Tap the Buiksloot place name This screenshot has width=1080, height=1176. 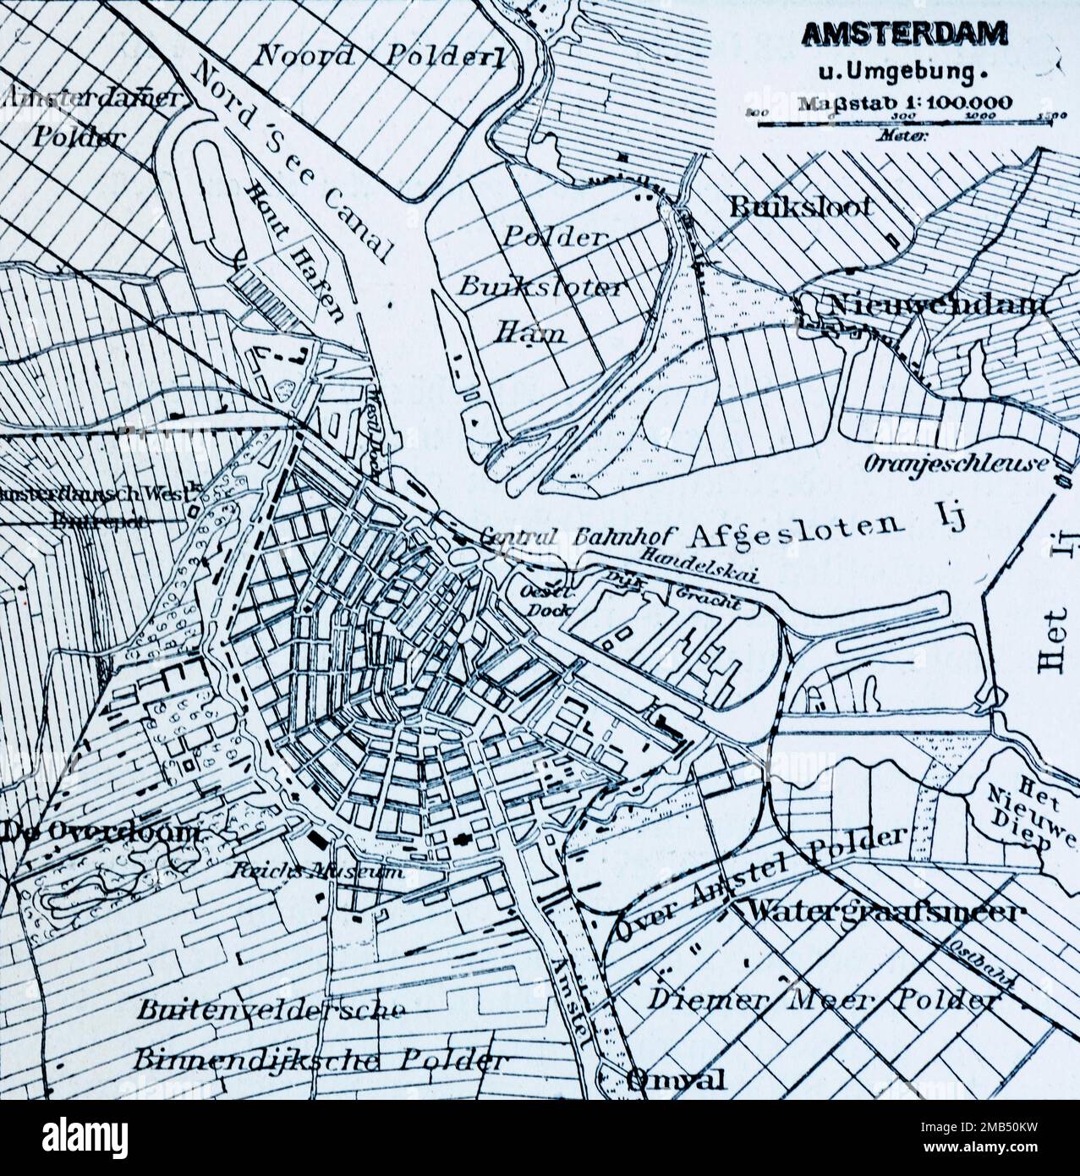point(801,206)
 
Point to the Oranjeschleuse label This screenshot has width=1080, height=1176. point(956,464)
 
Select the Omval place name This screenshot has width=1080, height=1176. point(677,1079)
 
